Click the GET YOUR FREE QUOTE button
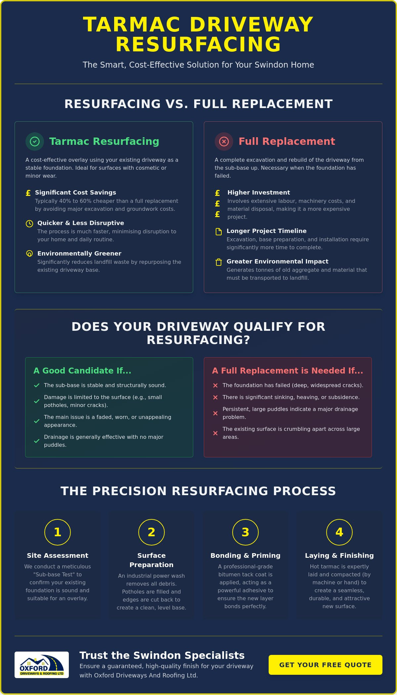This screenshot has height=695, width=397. tap(325, 665)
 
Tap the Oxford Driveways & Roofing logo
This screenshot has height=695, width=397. tap(42, 665)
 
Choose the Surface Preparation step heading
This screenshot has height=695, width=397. tap(152, 560)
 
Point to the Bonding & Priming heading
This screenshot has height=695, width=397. tap(245, 555)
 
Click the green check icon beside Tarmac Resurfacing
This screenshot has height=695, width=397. tap(35, 142)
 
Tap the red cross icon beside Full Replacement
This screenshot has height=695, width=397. tap(224, 142)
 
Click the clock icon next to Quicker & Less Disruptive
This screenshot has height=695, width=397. tap(29, 223)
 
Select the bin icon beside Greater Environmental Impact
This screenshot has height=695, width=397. tap(219, 262)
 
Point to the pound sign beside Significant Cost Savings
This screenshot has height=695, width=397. tap(28, 193)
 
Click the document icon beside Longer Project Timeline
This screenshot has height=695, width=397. tap(219, 231)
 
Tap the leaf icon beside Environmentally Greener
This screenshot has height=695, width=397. tap(29, 254)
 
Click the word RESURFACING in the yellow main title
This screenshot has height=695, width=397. tap(198, 44)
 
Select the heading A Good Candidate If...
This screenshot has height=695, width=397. tap(82, 371)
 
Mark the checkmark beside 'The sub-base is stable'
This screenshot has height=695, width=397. tap(37, 385)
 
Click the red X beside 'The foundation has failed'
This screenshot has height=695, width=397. tap(215, 385)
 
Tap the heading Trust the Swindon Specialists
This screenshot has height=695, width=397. tap(162, 655)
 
